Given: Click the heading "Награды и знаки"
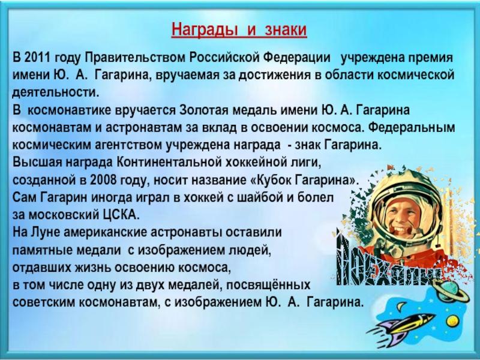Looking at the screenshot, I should click(x=239, y=29).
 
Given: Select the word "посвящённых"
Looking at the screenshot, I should click(x=277, y=284).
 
